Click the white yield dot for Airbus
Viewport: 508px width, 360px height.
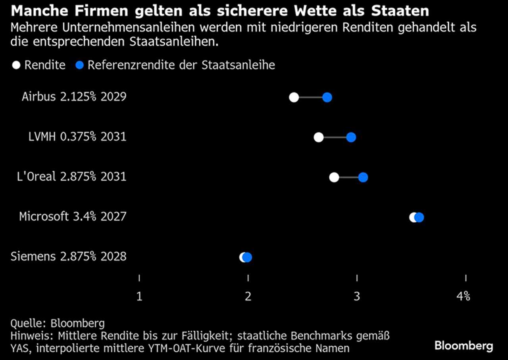(294, 97)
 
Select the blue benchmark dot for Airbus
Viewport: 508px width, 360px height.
(327, 97)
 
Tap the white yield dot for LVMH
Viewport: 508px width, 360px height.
(318, 137)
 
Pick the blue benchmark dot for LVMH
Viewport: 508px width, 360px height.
(351, 137)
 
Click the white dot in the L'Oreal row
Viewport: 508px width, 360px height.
(334, 177)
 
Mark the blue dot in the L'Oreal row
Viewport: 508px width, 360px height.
(363, 177)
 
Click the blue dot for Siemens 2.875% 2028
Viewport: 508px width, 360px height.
(248, 258)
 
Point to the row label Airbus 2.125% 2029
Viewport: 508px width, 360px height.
(74, 97)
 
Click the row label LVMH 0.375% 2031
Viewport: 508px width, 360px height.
(77, 137)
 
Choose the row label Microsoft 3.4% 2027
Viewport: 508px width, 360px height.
(73, 217)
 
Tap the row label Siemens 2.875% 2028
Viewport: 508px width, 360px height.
(68, 257)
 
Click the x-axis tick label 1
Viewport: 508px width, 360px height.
(139, 296)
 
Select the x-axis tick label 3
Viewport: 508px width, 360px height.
(357, 296)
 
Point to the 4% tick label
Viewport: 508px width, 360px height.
(463, 296)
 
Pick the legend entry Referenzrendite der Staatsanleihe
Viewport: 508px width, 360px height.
(175, 65)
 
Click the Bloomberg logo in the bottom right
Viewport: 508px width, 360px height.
(464, 345)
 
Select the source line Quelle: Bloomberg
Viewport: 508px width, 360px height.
(58, 323)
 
